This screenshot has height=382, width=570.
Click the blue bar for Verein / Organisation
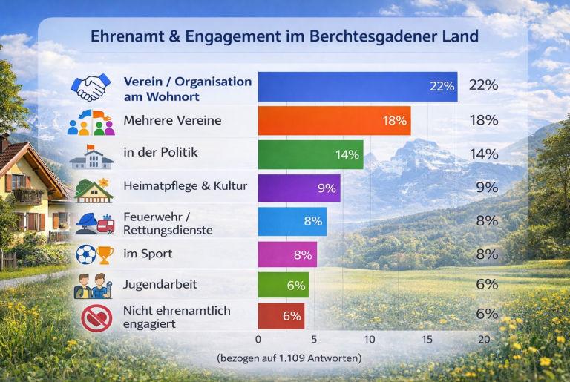357,87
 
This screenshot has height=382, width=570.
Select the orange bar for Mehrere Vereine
334,120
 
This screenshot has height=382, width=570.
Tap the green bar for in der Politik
310,154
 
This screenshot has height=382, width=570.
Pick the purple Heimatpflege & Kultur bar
298,188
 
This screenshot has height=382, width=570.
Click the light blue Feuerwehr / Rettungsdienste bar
292,221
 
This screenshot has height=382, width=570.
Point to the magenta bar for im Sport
287,254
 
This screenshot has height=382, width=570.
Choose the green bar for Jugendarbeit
283,284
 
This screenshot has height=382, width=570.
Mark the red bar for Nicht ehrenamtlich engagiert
281,316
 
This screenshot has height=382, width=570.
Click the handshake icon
88,87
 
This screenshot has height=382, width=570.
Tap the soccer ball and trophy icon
94,254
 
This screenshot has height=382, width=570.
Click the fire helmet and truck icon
94,222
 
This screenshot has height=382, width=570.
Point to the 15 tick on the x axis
427,340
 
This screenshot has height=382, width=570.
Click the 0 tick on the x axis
258,340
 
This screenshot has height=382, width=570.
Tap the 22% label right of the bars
483,85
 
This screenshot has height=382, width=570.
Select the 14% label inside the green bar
347,154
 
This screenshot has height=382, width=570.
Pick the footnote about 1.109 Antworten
289,358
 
